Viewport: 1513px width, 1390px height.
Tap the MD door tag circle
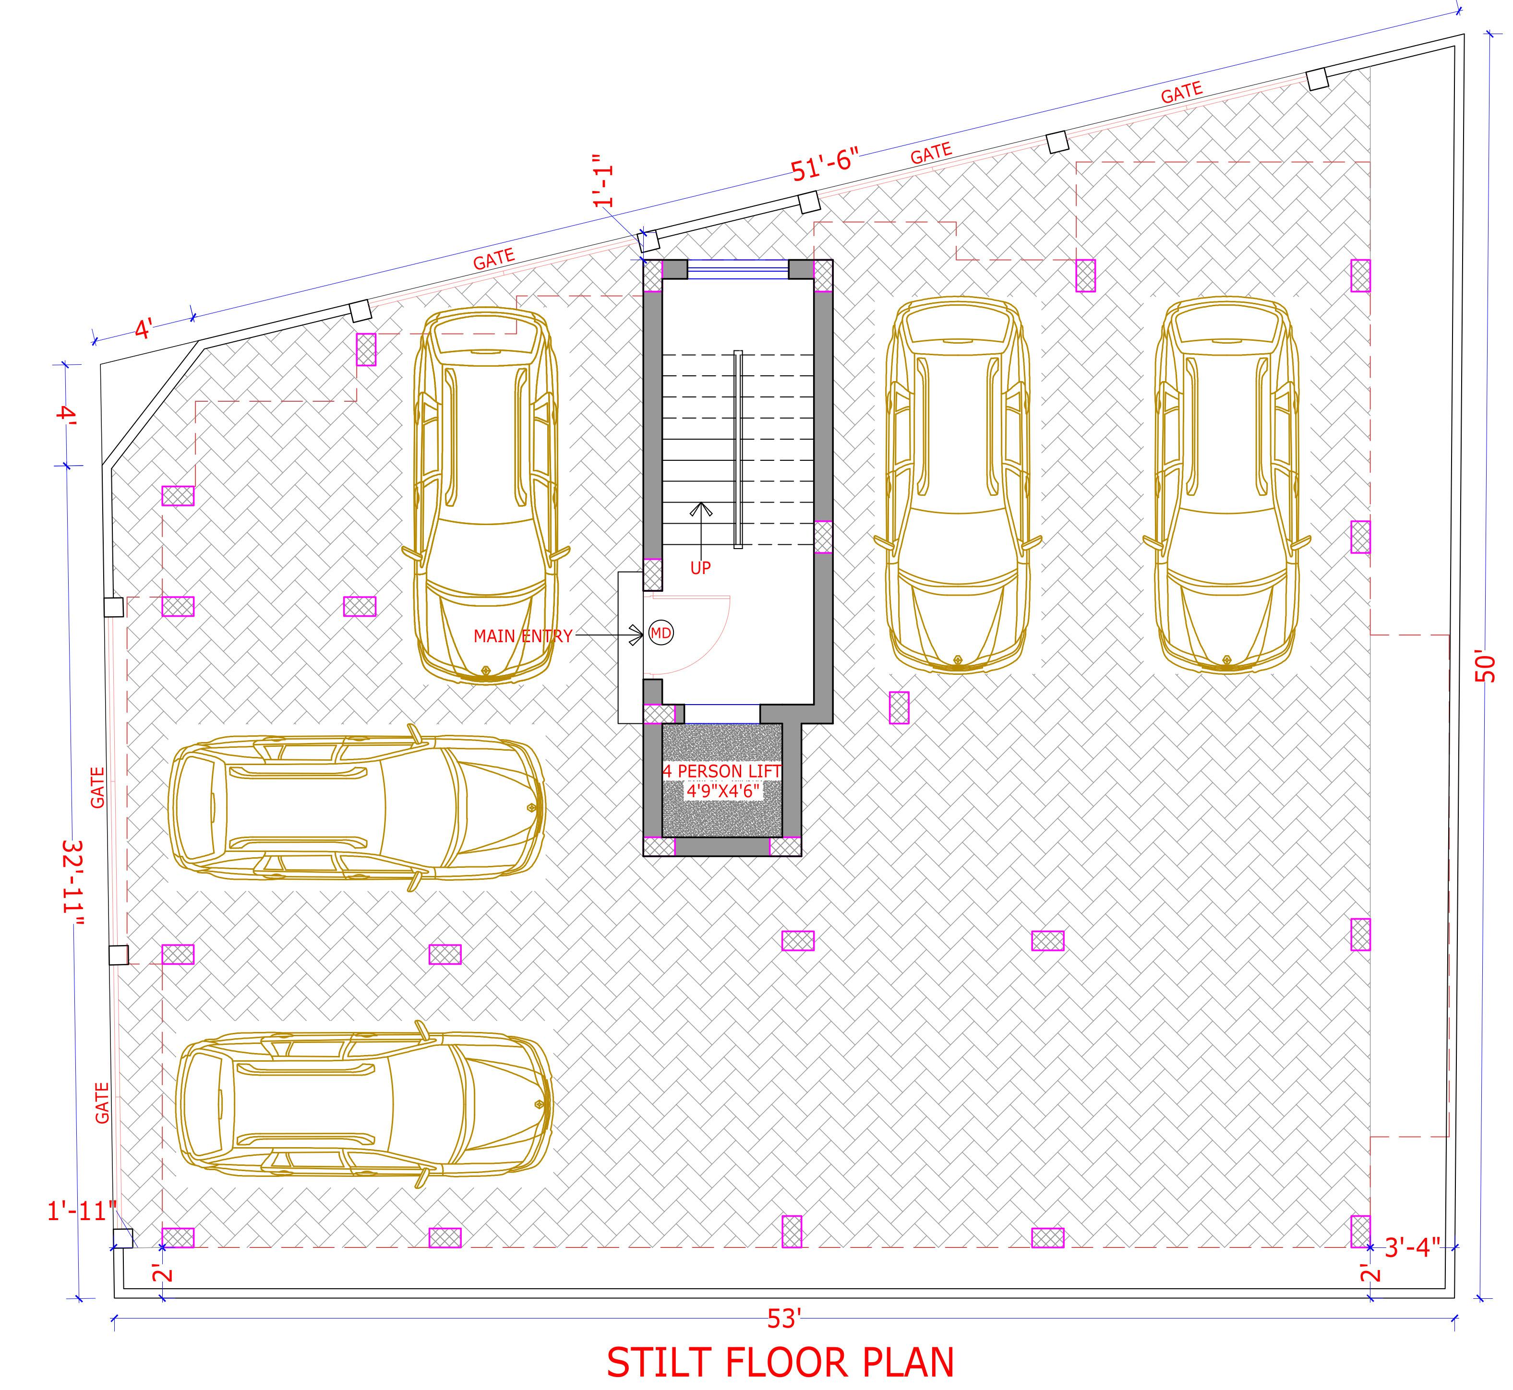click(x=660, y=633)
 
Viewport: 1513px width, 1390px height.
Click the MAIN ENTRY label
click(x=523, y=636)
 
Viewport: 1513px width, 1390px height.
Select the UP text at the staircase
click(x=700, y=569)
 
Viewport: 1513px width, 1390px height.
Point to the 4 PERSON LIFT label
click(x=721, y=771)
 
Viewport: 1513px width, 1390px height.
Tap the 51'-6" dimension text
click(x=825, y=166)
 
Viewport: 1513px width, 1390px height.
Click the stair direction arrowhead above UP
click(x=701, y=508)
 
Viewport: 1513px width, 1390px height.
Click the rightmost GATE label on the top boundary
click(x=1181, y=93)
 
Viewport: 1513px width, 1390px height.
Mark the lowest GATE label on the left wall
click(x=102, y=1102)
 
